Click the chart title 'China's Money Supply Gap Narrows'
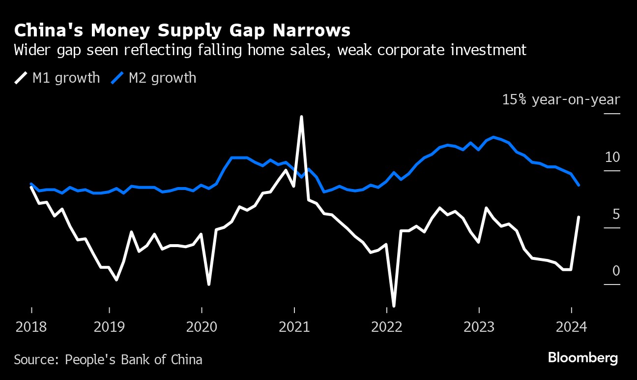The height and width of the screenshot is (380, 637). tap(182, 31)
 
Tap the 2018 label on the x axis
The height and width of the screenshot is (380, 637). tap(31, 327)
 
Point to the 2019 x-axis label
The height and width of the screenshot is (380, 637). tap(109, 327)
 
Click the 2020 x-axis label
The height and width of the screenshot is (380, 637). tap(202, 327)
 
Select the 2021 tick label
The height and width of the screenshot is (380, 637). tap(294, 327)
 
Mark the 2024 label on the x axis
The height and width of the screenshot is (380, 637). tap(571, 327)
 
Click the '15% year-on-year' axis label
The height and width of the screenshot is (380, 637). tap(561, 100)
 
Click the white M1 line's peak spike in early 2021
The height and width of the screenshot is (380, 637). tap(301, 117)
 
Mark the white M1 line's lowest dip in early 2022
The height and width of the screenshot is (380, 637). tap(394, 306)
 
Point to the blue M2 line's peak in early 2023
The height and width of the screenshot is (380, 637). tap(493, 137)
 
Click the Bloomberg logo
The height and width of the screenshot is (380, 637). tap(583, 358)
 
